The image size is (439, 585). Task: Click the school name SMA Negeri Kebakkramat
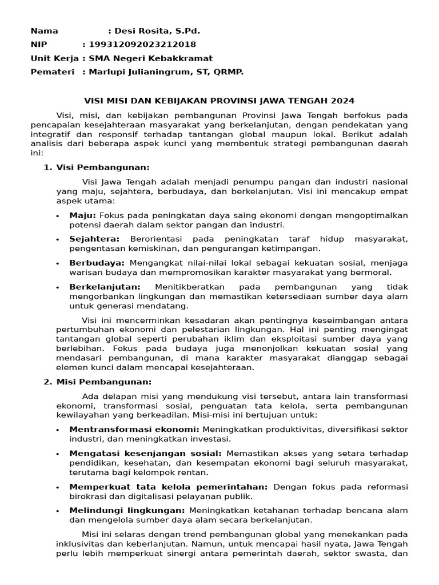click(x=150, y=58)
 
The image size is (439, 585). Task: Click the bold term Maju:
click(x=83, y=215)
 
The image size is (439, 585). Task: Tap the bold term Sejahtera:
click(x=94, y=239)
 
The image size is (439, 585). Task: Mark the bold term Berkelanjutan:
click(x=105, y=287)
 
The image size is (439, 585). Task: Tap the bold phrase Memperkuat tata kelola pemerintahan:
click(x=168, y=486)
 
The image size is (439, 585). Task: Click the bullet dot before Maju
click(x=58, y=216)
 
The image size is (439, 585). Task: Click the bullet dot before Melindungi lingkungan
click(x=58, y=511)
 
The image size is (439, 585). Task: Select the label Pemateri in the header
click(x=53, y=72)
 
